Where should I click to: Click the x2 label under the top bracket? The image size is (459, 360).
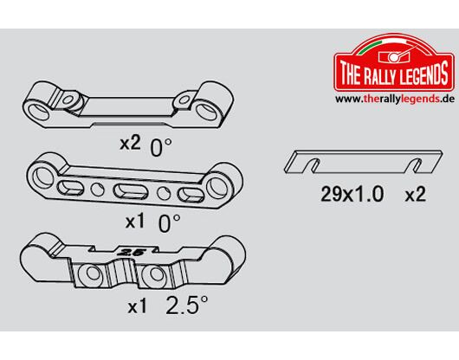(130, 144)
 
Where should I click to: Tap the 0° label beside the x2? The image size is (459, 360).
(161, 147)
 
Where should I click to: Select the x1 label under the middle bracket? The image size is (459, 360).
(135, 222)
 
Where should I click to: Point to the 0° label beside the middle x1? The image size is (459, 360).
(169, 223)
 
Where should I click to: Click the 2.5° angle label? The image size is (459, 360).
(187, 305)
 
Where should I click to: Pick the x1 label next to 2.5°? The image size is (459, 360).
(138, 306)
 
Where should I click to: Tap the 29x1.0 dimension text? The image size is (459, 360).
(352, 194)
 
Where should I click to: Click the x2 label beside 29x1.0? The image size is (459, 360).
(415, 195)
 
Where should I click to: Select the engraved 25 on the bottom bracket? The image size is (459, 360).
(129, 253)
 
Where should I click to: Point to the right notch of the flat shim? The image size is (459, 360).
(416, 165)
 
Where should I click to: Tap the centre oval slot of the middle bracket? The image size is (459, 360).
(129, 191)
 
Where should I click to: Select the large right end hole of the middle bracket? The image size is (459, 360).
(217, 187)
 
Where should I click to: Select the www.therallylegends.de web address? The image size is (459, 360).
(394, 99)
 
